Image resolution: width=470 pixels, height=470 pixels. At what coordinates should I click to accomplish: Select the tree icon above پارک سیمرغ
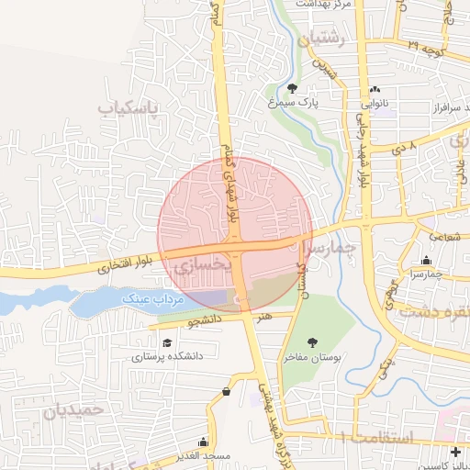point(292,88)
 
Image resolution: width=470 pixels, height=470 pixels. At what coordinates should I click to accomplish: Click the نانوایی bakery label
point(375,106)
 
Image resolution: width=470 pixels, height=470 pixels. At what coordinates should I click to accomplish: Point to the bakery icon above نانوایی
point(375,90)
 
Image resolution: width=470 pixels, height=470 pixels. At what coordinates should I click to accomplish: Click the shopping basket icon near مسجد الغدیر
point(226,392)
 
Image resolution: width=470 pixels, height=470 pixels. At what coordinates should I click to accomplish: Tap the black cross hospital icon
point(456,452)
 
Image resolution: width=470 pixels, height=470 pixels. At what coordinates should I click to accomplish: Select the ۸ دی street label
point(404,146)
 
